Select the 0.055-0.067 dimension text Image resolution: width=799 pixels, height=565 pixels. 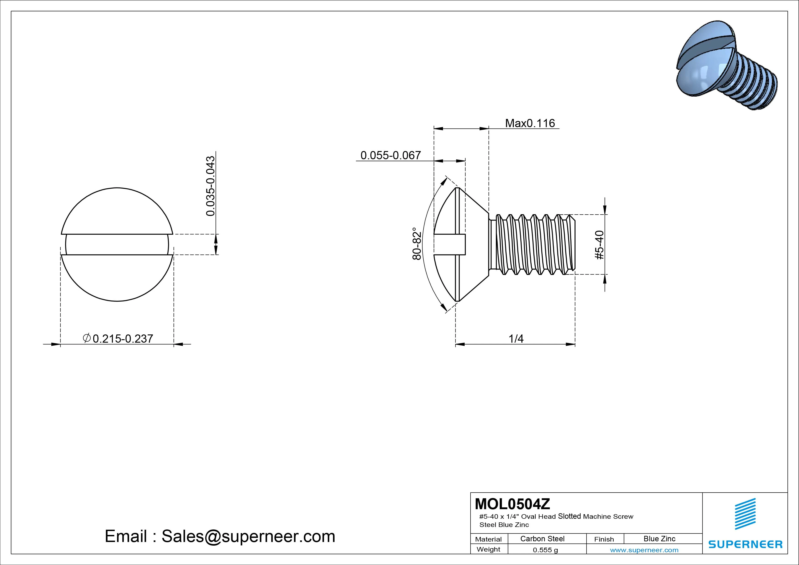click(x=390, y=155)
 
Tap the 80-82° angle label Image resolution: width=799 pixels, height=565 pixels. click(x=417, y=244)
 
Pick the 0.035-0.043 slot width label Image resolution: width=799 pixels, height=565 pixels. click(x=210, y=186)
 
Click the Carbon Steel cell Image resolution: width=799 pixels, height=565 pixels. click(x=542, y=539)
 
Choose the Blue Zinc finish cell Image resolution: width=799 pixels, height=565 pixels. click(x=659, y=539)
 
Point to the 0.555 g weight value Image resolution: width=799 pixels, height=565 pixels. click(x=545, y=550)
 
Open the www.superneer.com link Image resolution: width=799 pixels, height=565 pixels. click(x=644, y=550)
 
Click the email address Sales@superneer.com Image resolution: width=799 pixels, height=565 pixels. click(x=248, y=537)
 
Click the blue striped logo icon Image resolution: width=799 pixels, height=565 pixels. click(x=745, y=514)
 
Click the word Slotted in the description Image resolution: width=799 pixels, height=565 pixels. click(x=569, y=516)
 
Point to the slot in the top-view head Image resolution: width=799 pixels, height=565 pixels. click(x=117, y=244)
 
